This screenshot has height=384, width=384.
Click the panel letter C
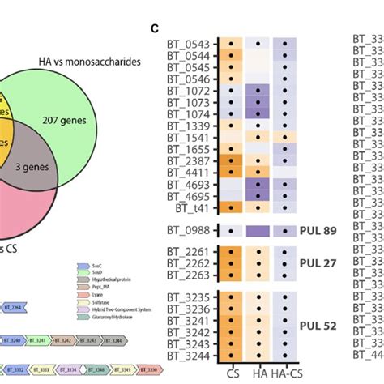tap(154, 29)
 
